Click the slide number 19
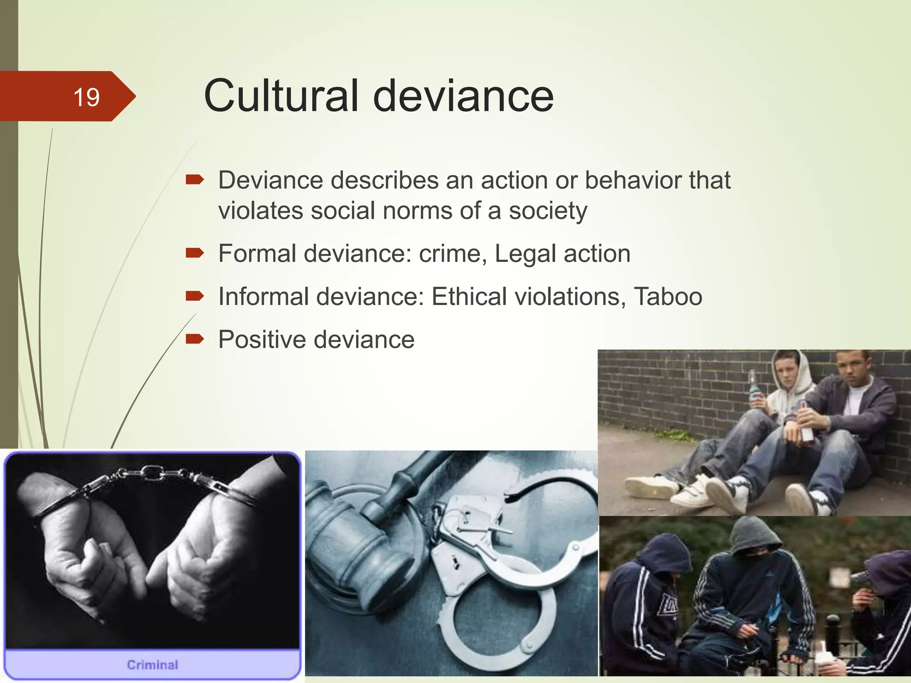pyautogui.click(x=86, y=97)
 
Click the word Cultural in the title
pyautogui.click(x=281, y=96)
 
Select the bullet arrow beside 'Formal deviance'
pyautogui.click(x=194, y=253)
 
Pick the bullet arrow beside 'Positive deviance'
pyautogui.click(x=194, y=340)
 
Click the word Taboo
pyautogui.click(x=668, y=297)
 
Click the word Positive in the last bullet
pyautogui.click(x=262, y=340)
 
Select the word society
pyautogui.click(x=548, y=211)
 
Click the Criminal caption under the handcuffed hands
pyautogui.click(x=152, y=665)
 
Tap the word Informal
pyautogui.click(x=263, y=297)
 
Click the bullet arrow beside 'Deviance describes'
pyautogui.click(x=194, y=180)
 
